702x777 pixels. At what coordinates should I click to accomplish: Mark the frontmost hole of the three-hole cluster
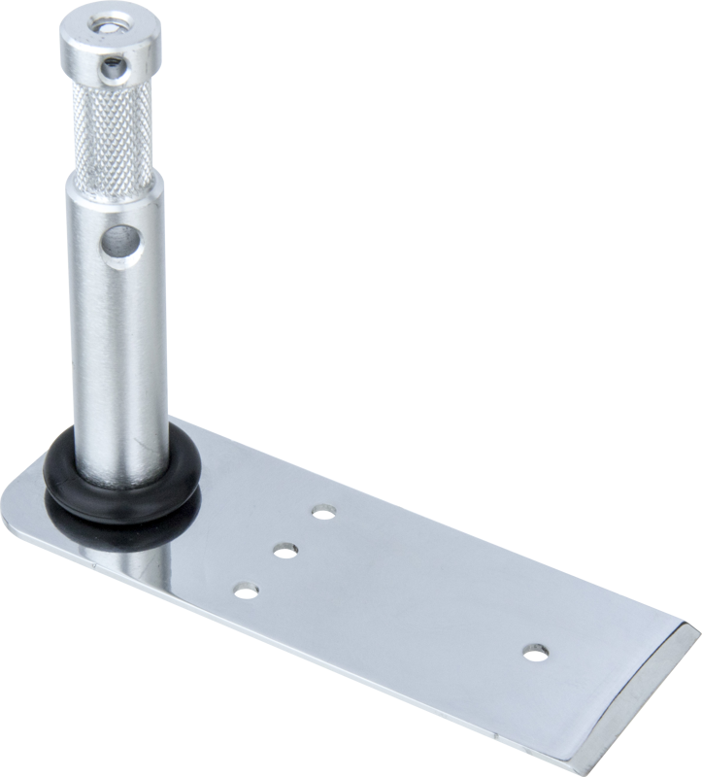246,590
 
